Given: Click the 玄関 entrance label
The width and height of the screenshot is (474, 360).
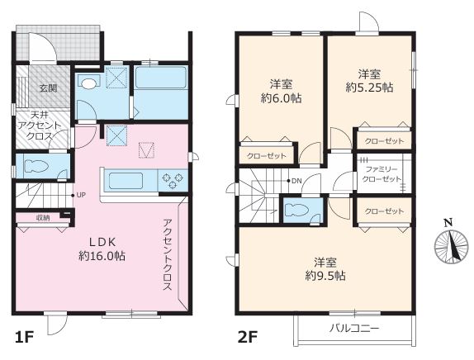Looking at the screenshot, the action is [49, 88].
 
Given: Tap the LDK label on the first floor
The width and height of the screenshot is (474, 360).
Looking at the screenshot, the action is [102, 242].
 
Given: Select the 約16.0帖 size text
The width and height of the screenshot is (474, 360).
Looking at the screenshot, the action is [102, 256].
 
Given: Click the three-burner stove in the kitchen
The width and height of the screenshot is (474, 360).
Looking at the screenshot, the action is [173, 181].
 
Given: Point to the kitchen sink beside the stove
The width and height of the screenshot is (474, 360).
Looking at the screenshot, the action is [126, 181].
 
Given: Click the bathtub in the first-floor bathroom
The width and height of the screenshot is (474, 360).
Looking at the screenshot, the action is [160, 78].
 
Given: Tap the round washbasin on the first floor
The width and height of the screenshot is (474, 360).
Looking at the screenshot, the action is [88, 83].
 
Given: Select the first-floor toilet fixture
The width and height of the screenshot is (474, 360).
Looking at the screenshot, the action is [36, 166].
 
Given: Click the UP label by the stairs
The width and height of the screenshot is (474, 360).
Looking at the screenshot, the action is [81, 195].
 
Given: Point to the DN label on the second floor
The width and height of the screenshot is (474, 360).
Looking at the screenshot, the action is [296, 181].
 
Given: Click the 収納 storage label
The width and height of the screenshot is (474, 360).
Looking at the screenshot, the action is [43, 218].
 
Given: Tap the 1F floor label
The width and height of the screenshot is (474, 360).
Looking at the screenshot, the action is [24, 337].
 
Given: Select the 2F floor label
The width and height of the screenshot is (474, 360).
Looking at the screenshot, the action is [247, 337].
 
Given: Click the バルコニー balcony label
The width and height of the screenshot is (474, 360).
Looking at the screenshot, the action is [354, 328].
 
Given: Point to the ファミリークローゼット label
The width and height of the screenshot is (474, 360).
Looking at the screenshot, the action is [382, 173].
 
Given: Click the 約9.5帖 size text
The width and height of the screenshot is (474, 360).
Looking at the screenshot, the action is [325, 275].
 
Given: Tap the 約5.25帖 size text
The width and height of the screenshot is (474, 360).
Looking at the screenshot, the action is [369, 88].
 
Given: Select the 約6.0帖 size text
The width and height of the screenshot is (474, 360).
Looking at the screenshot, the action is [282, 98].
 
